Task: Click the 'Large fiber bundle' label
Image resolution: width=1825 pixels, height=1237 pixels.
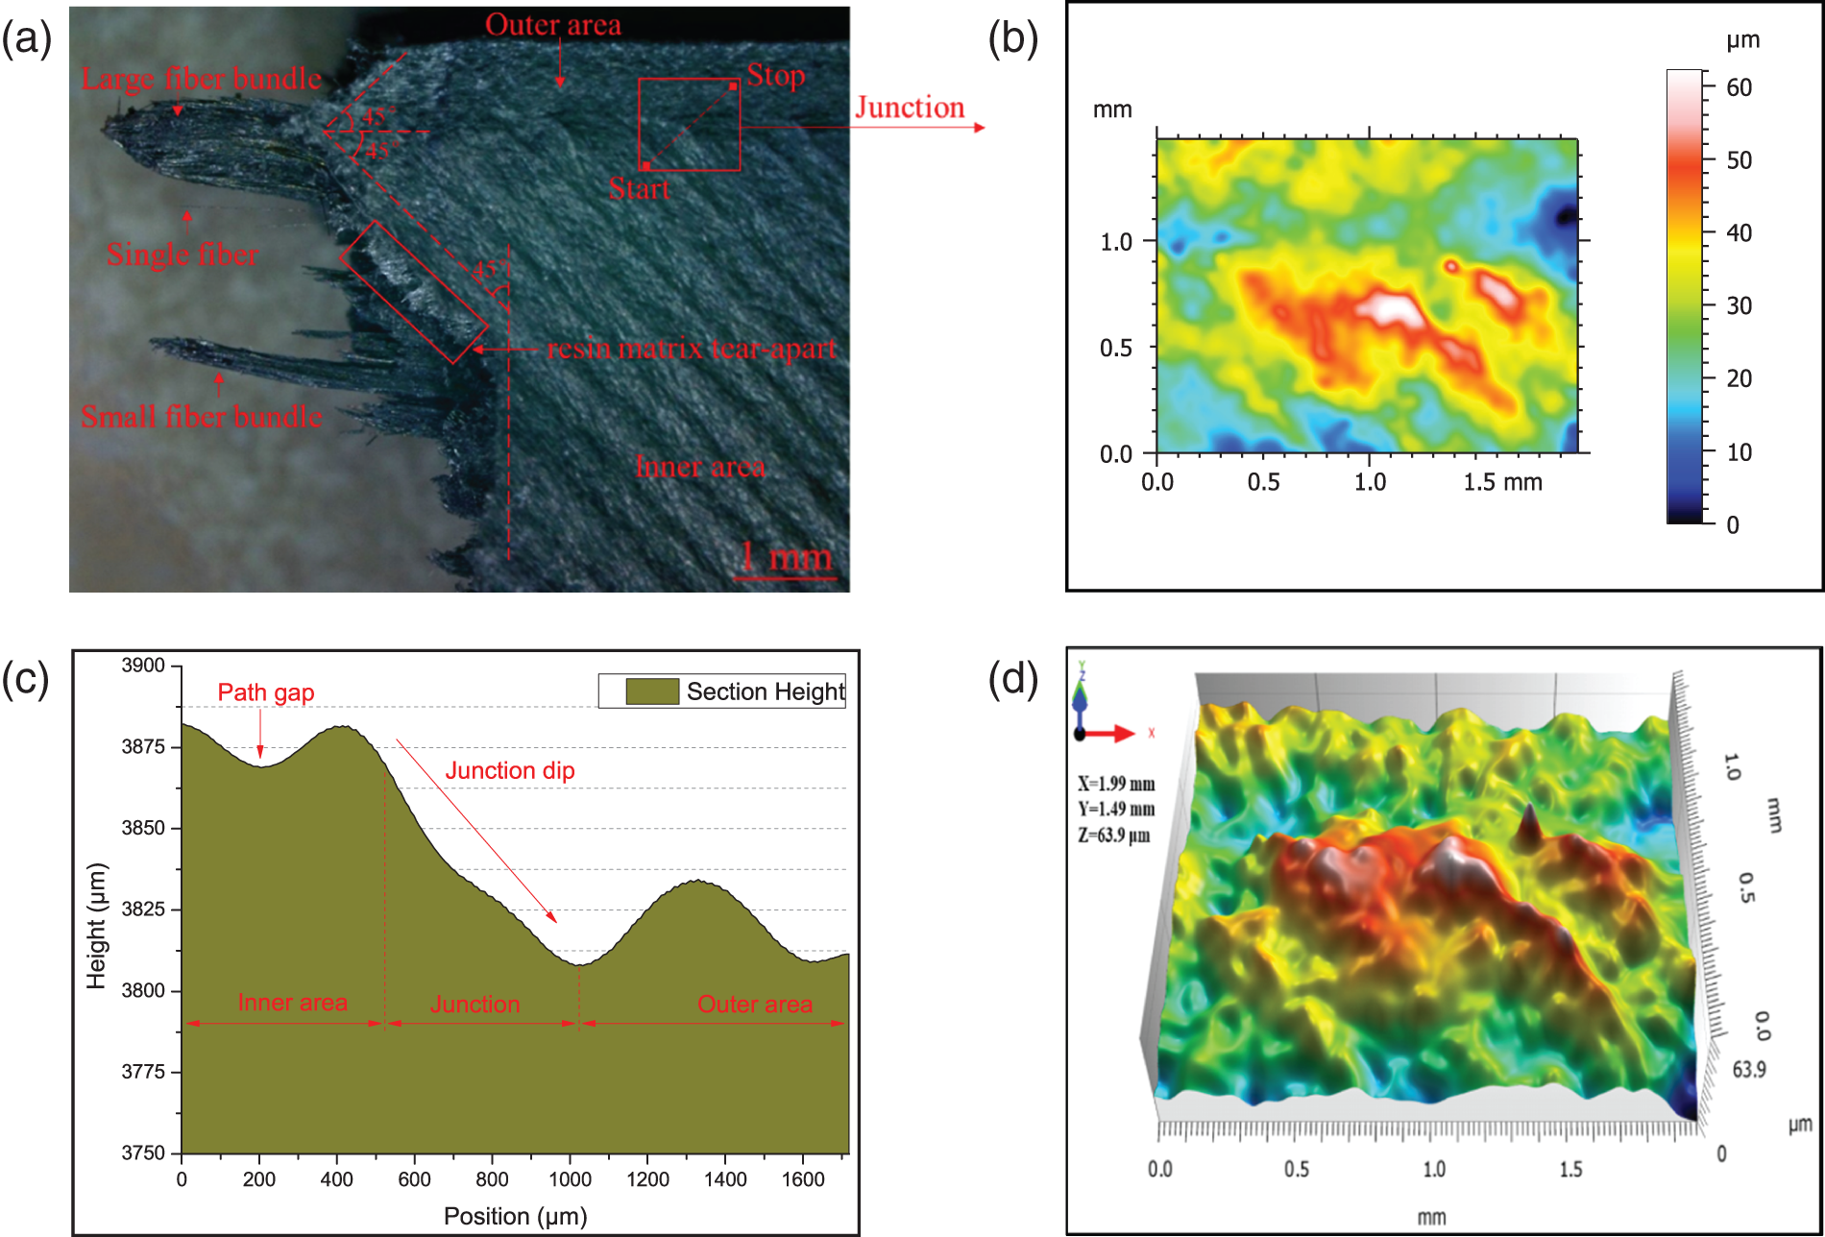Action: click(x=201, y=79)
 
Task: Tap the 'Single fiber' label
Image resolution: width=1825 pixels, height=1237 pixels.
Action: click(x=182, y=255)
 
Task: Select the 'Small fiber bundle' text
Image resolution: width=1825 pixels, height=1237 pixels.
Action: click(x=202, y=417)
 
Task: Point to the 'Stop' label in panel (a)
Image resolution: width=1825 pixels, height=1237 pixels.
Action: click(x=776, y=75)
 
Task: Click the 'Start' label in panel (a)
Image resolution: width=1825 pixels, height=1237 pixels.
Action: click(x=639, y=189)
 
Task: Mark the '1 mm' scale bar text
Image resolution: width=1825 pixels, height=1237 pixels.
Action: click(x=786, y=557)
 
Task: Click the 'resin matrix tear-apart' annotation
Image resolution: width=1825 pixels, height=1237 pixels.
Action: click(x=692, y=349)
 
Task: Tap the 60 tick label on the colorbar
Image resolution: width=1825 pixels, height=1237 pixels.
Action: click(x=1739, y=87)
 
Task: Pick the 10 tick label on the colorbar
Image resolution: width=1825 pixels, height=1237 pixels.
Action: click(x=1739, y=452)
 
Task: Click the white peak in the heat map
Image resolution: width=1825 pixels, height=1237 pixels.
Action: click(x=1388, y=308)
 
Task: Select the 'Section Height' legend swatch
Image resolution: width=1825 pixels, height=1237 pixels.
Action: click(x=651, y=691)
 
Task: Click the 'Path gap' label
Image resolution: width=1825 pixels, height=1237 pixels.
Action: click(x=266, y=692)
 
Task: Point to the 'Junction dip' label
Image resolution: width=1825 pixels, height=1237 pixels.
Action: click(x=510, y=770)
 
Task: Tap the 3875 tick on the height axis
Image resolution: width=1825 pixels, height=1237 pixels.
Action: click(x=143, y=746)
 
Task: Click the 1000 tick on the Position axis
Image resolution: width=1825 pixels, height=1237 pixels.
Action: click(x=570, y=1178)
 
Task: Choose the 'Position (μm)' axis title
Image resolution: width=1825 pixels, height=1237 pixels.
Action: click(x=515, y=1216)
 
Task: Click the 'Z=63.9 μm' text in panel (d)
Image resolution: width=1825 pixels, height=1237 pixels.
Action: click(x=1114, y=835)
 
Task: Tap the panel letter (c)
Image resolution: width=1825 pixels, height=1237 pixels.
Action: click(x=26, y=679)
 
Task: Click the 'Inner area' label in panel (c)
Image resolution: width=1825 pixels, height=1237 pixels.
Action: click(x=292, y=1003)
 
